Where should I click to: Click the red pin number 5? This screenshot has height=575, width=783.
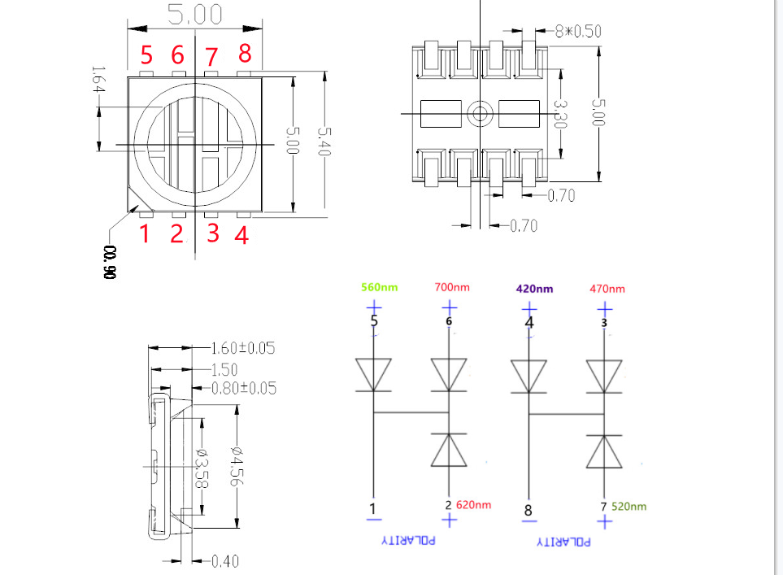146,54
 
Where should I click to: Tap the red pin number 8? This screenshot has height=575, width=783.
245,53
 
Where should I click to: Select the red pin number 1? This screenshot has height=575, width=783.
145,233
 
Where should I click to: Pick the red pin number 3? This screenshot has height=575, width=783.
213,233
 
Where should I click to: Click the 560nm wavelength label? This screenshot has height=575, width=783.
380,287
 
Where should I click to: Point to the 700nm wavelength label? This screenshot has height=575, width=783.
452,287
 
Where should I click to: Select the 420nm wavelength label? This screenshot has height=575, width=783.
534,289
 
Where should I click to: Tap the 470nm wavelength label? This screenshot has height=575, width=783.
607,289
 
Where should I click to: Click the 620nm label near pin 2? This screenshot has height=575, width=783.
473,504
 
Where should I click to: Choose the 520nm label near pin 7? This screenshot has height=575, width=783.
629,506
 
